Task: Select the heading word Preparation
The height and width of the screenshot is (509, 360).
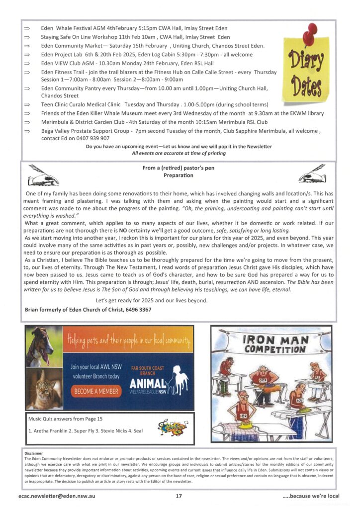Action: [x=178, y=175]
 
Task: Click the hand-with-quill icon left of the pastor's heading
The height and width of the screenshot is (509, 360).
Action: [x=44, y=174]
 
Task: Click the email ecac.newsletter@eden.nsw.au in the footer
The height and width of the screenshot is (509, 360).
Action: [x=59, y=496]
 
